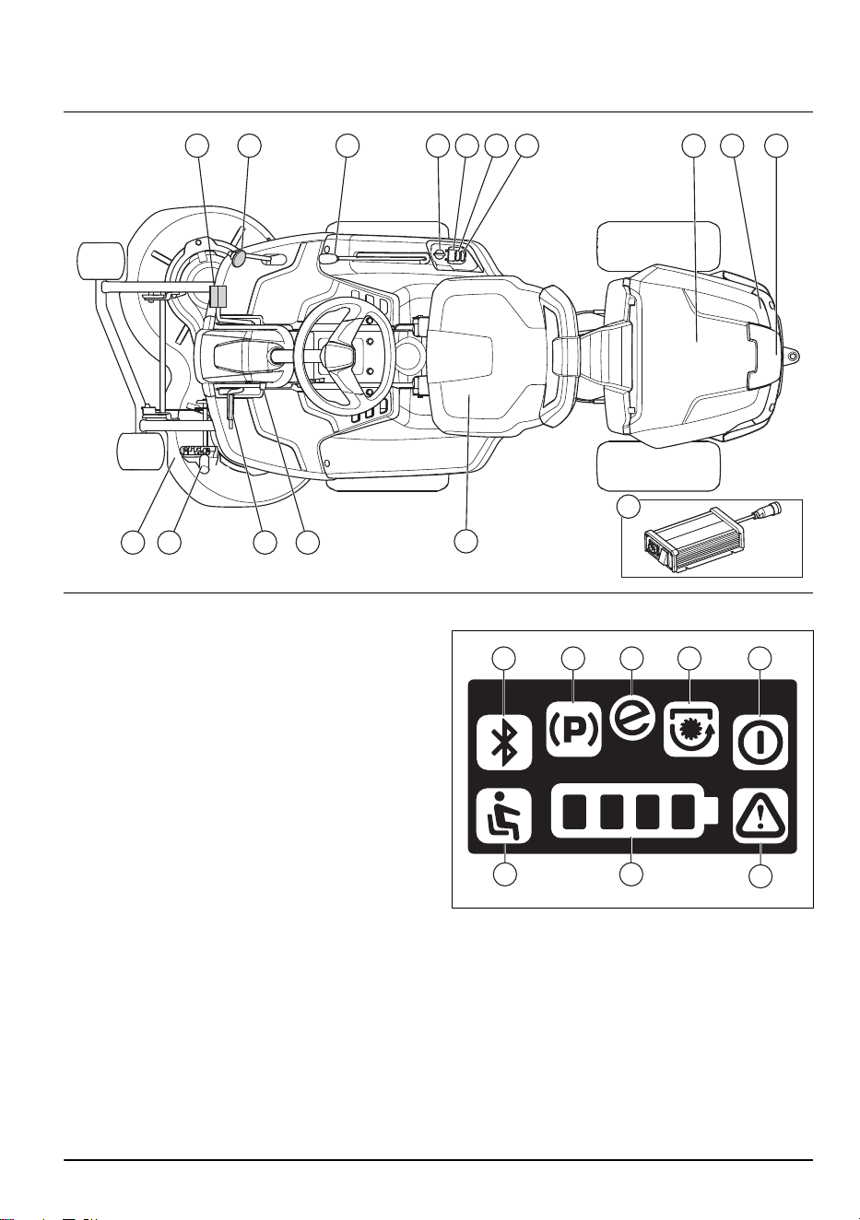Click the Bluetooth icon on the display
click(504, 741)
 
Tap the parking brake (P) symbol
click(573, 729)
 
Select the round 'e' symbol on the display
click(631, 720)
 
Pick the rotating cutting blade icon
click(690, 729)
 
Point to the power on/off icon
click(760, 741)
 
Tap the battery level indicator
click(635, 818)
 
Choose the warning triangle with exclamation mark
click(760, 815)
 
